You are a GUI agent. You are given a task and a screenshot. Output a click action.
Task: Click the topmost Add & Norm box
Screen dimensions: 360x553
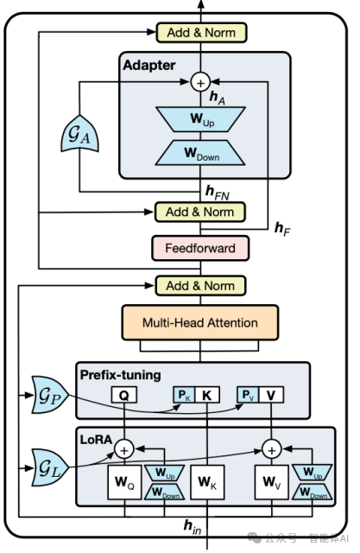pyautogui.click(x=201, y=33)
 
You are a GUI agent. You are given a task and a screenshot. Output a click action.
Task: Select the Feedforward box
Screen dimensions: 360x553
pyautogui.click(x=200, y=248)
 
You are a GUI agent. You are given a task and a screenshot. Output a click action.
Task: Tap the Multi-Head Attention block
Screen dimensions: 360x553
pyautogui.click(x=200, y=322)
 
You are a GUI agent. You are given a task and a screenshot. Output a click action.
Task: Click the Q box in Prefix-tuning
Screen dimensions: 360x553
pyautogui.click(x=124, y=395)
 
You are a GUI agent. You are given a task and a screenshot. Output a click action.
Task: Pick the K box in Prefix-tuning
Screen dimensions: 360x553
pyautogui.click(x=207, y=395)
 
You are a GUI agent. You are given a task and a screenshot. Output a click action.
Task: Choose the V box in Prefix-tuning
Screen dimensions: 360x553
pyautogui.click(x=271, y=395)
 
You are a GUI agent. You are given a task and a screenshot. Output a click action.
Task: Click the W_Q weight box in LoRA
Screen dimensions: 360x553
pyautogui.click(x=124, y=482)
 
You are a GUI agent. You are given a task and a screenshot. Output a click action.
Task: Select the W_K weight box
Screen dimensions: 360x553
pyautogui.click(x=207, y=482)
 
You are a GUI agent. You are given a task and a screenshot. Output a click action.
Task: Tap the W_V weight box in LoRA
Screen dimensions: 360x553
pyautogui.click(x=272, y=482)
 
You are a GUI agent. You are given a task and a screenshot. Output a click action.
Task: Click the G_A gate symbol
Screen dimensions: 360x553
pyautogui.click(x=79, y=135)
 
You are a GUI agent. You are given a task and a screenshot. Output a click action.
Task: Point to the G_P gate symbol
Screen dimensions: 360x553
pyautogui.click(x=50, y=395)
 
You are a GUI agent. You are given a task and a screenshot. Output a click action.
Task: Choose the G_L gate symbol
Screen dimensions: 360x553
pyautogui.click(x=50, y=467)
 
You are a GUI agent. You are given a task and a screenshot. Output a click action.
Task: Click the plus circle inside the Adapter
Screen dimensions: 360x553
pyautogui.click(x=200, y=83)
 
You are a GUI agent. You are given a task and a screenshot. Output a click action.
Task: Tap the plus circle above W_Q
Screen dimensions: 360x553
pyautogui.click(x=124, y=449)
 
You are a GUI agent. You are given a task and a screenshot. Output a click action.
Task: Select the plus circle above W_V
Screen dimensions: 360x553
pyautogui.click(x=272, y=449)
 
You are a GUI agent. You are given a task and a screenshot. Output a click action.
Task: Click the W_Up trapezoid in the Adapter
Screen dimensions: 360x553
pyautogui.click(x=200, y=119)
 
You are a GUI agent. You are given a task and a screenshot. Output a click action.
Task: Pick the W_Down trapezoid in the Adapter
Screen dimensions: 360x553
pyautogui.click(x=200, y=153)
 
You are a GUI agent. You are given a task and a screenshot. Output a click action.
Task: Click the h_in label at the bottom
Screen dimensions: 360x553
pyautogui.click(x=193, y=527)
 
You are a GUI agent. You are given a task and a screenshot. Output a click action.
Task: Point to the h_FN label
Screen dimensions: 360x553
pyautogui.click(x=218, y=193)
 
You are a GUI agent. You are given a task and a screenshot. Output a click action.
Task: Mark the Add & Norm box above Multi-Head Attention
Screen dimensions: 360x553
pyautogui.click(x=200, y=286)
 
